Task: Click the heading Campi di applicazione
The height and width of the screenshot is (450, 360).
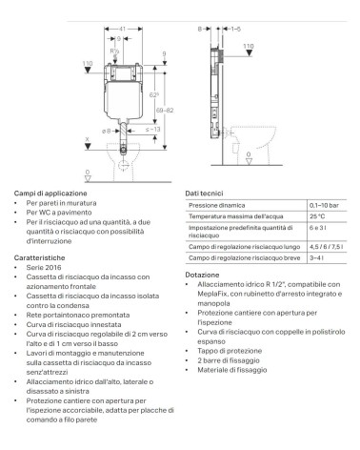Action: (x=45, y=194)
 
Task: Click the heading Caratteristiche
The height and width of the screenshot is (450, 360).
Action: (x=39, y=256)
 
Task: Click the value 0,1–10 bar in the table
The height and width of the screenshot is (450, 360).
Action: (x=324, y=205)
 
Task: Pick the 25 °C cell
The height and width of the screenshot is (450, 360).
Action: (x=318, y=218)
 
